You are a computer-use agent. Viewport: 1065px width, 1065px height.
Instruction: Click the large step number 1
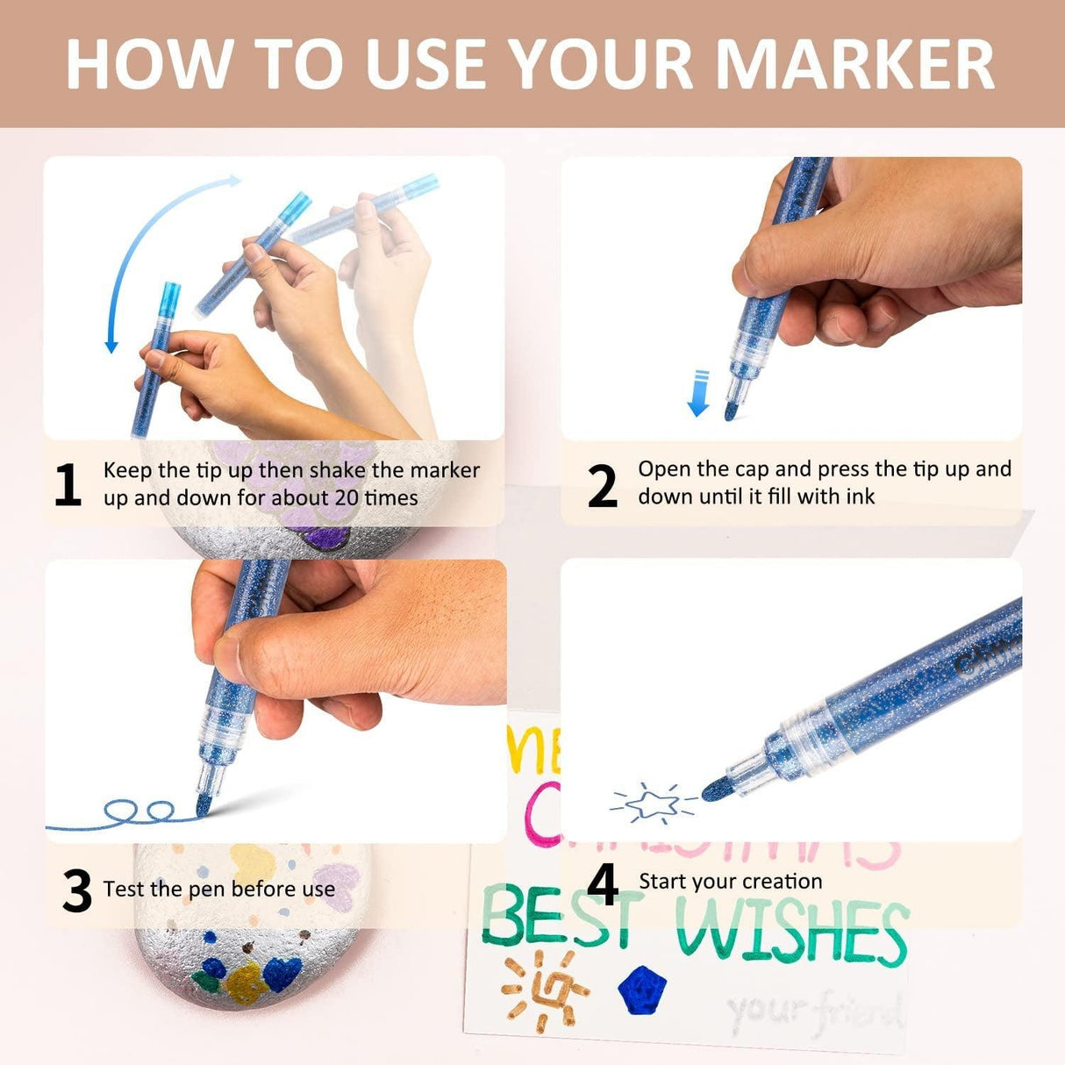(x=68, y=485)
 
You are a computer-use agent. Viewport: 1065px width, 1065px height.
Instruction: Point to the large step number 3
(x=77, y=890)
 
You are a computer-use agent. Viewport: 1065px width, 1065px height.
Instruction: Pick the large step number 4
(x=602, y=883)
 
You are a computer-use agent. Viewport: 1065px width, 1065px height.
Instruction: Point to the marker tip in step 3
(x=204, y=804)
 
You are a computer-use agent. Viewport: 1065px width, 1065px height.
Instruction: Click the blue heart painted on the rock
(x=281, y=973)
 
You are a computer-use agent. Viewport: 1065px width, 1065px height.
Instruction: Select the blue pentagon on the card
(x=641, y=990)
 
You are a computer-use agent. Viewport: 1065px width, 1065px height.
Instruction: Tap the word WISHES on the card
(x=792, y=932)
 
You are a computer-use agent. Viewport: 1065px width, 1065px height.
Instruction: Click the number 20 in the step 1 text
(x=347, y=497)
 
